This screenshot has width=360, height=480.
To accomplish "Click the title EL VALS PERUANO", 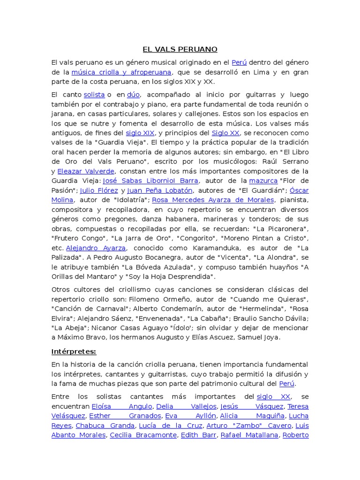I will pos(180,49).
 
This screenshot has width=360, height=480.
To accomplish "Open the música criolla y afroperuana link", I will pos(121,72).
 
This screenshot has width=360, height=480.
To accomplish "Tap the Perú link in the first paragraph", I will pos(239,62).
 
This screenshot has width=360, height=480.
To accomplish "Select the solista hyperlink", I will pos(94,95).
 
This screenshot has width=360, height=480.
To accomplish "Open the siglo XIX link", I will pos(140,133).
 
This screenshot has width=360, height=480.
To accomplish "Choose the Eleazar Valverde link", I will pos(86,171).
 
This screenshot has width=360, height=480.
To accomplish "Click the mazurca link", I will pos(263,180).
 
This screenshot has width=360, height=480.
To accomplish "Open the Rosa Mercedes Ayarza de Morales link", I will pos(213,200).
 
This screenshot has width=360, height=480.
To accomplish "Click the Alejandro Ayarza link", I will pos(96,247).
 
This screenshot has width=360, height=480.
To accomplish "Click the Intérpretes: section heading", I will pos(74,351).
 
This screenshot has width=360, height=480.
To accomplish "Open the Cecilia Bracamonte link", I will pos(143,435).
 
